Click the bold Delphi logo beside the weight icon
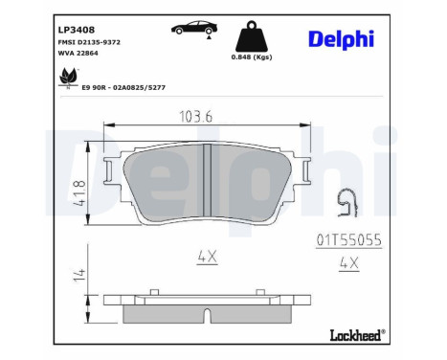(x=341, y=38)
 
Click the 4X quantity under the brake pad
(x=208, y=256)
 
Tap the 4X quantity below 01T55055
(x=348, y=261)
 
